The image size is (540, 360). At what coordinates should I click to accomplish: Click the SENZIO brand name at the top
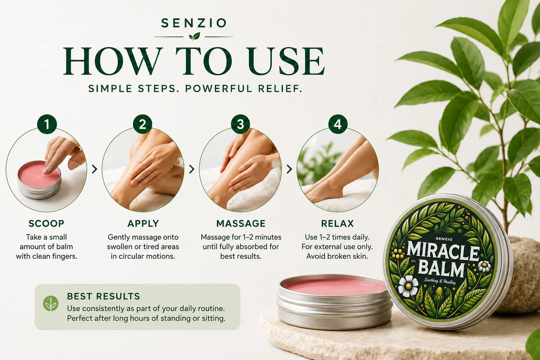[193, 23]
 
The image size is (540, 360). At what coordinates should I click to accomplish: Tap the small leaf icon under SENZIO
[194, 36]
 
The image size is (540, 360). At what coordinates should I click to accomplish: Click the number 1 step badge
[47, 124]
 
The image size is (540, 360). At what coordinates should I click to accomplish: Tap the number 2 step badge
[143, 124]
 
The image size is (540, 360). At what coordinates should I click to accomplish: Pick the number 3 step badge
[240, 124]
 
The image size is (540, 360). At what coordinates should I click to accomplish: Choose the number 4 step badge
[338, 124]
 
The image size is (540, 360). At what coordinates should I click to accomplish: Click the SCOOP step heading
[46, 224]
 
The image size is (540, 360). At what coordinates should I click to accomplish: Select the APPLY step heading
[143, 224]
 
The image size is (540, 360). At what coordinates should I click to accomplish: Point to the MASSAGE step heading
[241, 224]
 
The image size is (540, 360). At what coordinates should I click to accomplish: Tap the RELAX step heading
[337, 224]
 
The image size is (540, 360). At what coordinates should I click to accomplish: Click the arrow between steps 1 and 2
[94, 169]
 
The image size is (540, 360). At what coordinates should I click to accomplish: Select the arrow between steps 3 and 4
[289, 169]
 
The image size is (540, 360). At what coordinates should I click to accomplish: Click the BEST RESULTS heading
[103, 296]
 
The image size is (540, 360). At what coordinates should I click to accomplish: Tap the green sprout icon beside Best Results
[50, 303]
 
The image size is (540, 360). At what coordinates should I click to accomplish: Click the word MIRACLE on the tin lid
[443, 252]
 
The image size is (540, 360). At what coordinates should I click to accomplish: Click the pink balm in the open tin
[335, 287]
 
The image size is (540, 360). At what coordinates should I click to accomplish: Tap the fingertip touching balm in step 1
[46, 170]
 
